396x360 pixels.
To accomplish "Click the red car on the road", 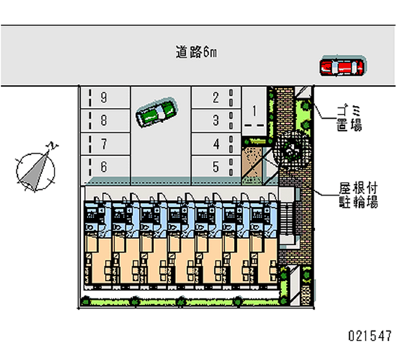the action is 341,67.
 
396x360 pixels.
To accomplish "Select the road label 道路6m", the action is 196,51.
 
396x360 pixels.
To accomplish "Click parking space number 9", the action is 103,98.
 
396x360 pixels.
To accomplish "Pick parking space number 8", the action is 103,120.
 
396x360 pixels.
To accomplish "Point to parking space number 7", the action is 103,144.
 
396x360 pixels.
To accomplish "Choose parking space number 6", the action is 103,167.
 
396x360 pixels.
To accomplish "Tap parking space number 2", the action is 215,98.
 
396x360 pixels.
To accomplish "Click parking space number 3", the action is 215,120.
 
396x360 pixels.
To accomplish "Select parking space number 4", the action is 215,144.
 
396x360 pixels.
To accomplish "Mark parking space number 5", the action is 215,167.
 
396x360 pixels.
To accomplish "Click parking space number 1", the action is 254,110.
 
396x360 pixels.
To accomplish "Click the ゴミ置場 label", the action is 349,118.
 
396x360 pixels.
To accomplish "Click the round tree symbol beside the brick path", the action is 291,147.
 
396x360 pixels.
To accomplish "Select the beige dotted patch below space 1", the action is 253,158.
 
